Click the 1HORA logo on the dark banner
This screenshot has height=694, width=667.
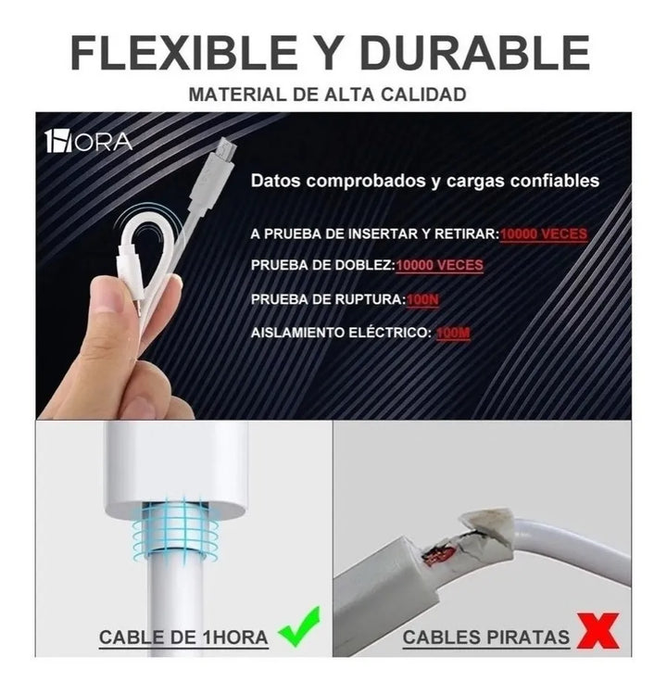click(89, 142)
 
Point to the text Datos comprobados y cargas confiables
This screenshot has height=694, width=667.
click(425, 181)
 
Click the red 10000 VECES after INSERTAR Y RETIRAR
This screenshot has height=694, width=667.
click(544, 233)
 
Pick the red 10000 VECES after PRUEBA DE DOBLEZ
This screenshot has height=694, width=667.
click(440, 265)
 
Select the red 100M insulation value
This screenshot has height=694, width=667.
click(453, 333)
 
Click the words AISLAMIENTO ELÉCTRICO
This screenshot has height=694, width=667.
click(340, 333)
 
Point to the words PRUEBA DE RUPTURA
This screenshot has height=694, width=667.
click(327, 299)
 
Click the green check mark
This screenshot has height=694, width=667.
click(298, 626)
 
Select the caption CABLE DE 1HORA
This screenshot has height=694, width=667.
click(183, 637)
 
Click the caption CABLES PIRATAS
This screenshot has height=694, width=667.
click(485, 637)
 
